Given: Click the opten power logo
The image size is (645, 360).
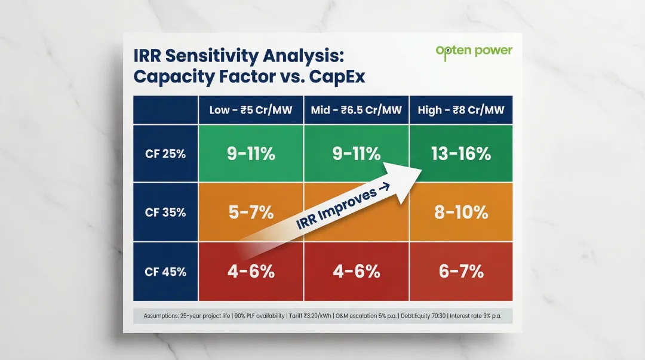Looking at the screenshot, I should coord(474,51).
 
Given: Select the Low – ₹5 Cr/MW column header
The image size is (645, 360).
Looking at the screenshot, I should coord(251,110).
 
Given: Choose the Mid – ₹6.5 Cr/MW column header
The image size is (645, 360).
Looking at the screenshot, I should coord(357,110).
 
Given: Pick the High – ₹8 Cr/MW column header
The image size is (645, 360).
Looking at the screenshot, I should coord(460,110).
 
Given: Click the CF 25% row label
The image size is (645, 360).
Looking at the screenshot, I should coord(165,154).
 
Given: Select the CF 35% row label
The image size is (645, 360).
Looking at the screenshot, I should coord(165,213).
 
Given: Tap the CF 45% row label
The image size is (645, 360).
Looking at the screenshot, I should coord(165,272).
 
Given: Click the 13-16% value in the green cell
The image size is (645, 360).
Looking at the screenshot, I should coord(460,154).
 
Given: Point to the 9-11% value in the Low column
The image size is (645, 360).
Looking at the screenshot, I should coord(251,154).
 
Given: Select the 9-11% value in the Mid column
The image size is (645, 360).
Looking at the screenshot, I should coord(357,154).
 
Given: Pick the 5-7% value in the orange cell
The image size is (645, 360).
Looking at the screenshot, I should coord(251,213).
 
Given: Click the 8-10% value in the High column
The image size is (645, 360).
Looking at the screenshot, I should coord(460,213).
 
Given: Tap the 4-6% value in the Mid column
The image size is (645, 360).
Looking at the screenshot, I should coord(357,272).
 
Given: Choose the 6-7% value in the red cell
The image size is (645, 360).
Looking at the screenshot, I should coord(460,272).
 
